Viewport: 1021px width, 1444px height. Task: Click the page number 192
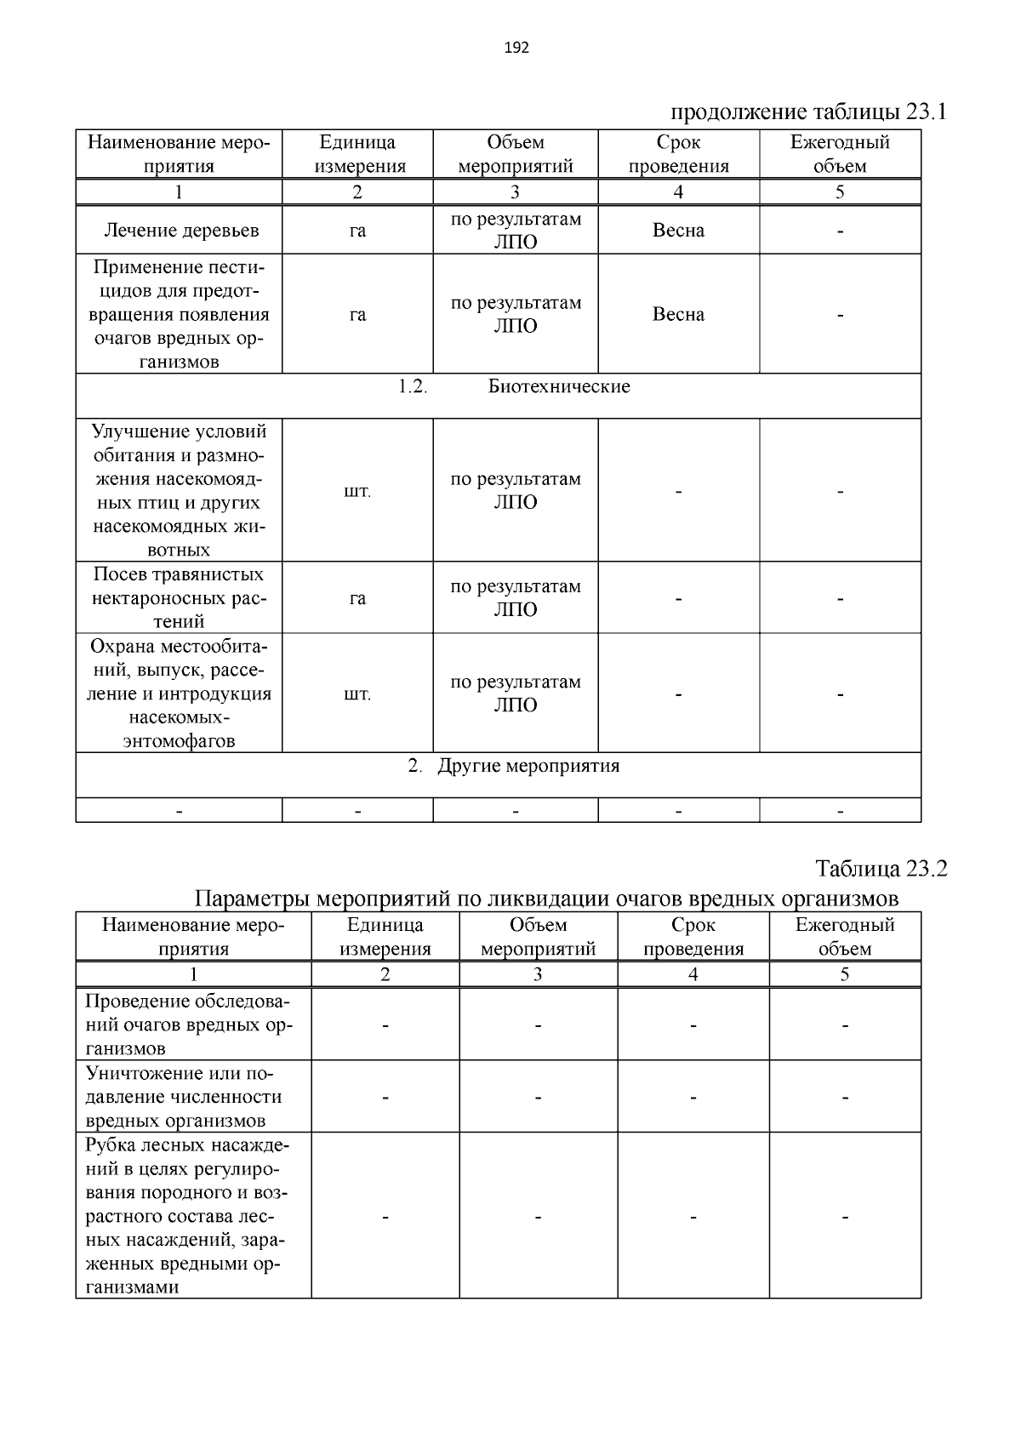[516, 48]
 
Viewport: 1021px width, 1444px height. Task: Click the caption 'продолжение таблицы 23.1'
[808, 112]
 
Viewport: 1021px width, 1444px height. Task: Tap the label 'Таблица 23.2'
[881, 869]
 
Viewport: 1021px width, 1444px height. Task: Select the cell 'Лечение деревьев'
[180, 231]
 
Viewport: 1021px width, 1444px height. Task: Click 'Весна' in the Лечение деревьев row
[678, 231]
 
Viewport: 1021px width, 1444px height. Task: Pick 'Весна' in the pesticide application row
[678, 315]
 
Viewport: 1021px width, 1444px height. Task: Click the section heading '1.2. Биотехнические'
[515, 387]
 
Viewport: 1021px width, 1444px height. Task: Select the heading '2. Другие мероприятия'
[514, 766]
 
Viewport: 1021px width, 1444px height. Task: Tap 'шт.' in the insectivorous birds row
[357, 492]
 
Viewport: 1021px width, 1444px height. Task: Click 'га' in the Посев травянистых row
[357, 599]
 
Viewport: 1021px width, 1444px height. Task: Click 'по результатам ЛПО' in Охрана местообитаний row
[516, 693]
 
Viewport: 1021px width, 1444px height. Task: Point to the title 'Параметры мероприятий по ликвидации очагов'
[546, 899]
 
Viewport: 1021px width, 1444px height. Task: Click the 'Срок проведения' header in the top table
[678, 154]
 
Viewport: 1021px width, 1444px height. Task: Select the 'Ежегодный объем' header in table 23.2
[845, 937]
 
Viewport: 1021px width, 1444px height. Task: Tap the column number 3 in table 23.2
[538, 975]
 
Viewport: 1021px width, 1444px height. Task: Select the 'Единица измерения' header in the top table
[357, 154]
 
